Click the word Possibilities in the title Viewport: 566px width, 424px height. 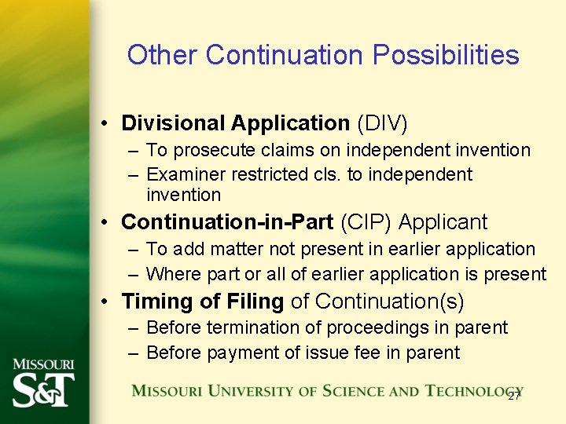446,55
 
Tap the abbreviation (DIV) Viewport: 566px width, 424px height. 382,123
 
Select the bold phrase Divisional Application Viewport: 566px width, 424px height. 235,123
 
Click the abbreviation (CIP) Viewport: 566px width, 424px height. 366,223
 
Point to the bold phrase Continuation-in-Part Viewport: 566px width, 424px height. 227,223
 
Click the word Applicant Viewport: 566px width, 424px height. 443,223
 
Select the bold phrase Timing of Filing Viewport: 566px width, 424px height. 203,302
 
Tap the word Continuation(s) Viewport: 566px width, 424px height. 389,302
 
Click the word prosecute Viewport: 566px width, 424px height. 210,149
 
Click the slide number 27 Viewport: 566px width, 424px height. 514,395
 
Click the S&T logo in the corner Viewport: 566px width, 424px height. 44,384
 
